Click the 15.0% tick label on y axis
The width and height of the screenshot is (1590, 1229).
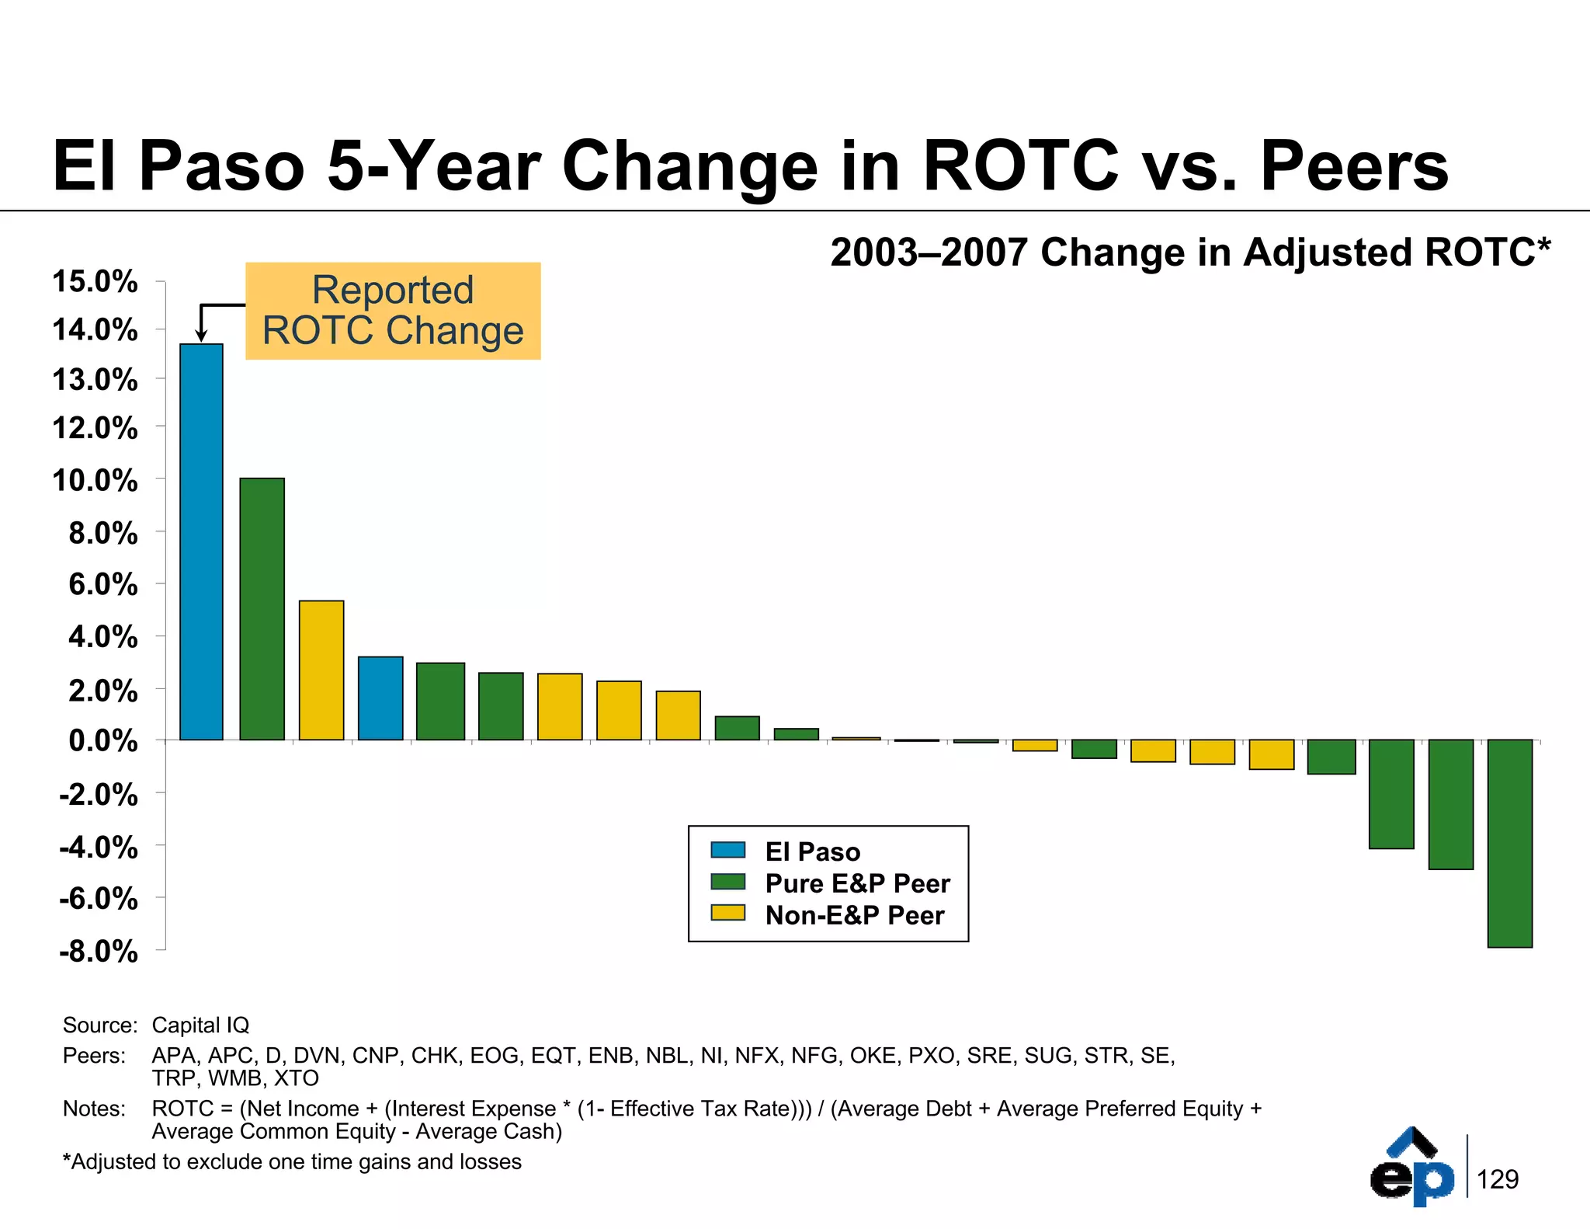coord(95,281)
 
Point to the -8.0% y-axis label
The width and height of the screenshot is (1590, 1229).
coord(98,951)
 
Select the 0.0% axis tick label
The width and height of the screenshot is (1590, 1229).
coord(102,740)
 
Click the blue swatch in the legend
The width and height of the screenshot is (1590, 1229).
coord(727,850)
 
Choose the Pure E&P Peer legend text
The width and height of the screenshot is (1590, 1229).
coord(857,883)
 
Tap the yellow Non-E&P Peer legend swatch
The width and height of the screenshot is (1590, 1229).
coord(727,913)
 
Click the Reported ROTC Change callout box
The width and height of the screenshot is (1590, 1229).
coord(393,311)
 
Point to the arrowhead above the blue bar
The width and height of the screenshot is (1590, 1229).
coord(200,336)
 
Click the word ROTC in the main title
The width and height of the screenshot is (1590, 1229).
coord(1020,165)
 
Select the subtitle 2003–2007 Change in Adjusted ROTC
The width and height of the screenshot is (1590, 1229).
coord(1189,252)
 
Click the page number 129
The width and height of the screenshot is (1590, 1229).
coord(1497,1179)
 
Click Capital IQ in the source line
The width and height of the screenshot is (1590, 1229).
coord(200,1025)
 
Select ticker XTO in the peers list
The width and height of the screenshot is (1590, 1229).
coord(296,1078)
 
